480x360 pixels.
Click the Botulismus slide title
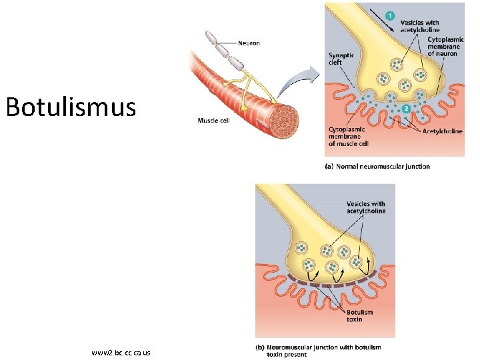[71, 107]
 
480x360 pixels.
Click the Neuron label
[249, 43]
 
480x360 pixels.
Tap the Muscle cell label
[213, 120]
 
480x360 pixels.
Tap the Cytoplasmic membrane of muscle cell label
[348, 136]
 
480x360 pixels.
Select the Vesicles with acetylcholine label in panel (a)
[420, 26]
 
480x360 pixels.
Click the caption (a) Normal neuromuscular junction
[377, 167]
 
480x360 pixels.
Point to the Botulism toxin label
[359, 315]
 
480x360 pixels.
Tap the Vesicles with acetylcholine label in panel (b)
[365, 207]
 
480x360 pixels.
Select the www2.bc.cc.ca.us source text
[121, 352]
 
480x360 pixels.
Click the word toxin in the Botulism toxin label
[355, 319]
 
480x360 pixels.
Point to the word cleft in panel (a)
[335, 63]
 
